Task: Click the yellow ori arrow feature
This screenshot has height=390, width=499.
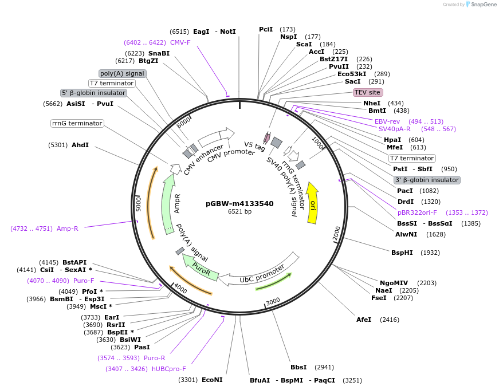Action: pyautogui.click(x=312, y=204)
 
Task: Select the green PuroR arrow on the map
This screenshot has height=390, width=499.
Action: pyautogui.click(x=201, y=269)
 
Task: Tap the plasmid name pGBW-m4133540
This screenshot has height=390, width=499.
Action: pyautogui.click(x=239, y=203)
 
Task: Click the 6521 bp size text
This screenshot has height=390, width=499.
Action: pyautogui.click(x=239, y=212)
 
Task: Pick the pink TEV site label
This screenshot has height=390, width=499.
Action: pyautogui.click(x=368, y=92)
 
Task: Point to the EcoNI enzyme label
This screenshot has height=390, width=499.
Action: pyautogui.click(x=212, y=380)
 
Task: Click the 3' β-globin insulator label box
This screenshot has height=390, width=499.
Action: pyautogui.click(x=427, y=180)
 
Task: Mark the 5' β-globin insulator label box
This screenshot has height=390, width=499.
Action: pyautogui.click(x=93, y=93)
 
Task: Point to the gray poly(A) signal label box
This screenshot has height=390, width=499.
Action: pyautogui.click(x=122, y=73)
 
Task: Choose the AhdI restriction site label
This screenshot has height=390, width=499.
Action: pyautogui.click(x=80, y=145)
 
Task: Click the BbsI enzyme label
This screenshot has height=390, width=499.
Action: pyautogui.click(x=298, y=367)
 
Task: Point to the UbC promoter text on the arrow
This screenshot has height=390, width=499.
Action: pyautogui.click(x=262, y=274)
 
